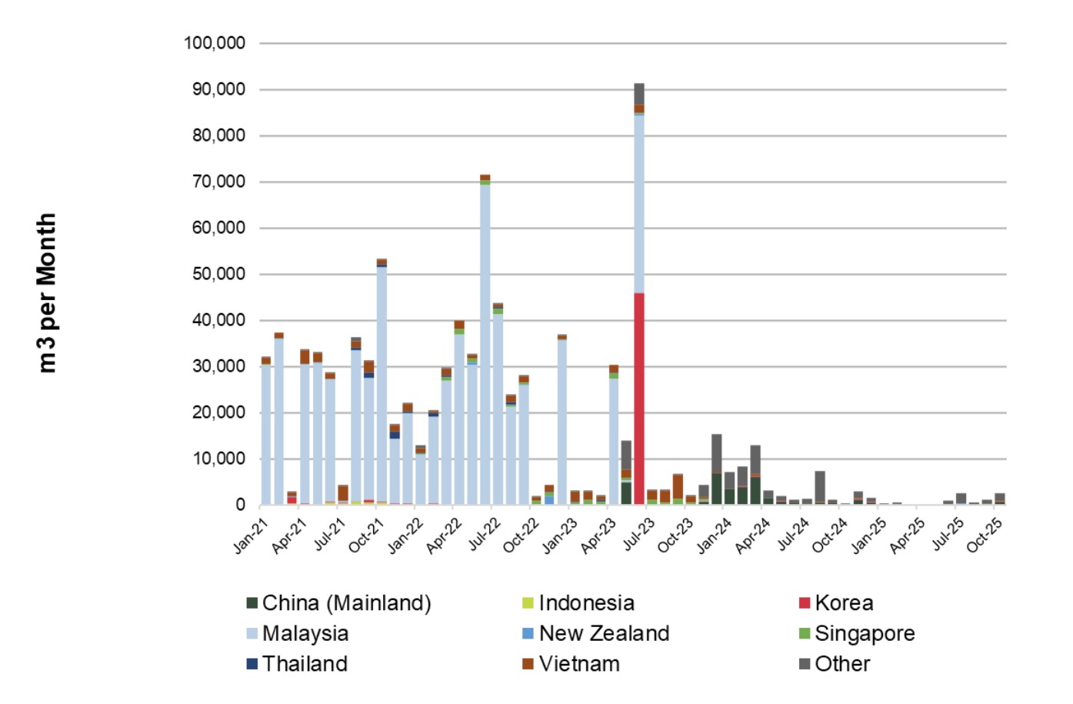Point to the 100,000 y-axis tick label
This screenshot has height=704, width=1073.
215,43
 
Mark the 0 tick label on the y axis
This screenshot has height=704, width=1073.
241,505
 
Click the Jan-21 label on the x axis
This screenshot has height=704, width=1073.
251,536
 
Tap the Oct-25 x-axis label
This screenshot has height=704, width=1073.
985,536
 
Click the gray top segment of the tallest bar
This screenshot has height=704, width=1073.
639,93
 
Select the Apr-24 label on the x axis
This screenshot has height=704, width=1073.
753,536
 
